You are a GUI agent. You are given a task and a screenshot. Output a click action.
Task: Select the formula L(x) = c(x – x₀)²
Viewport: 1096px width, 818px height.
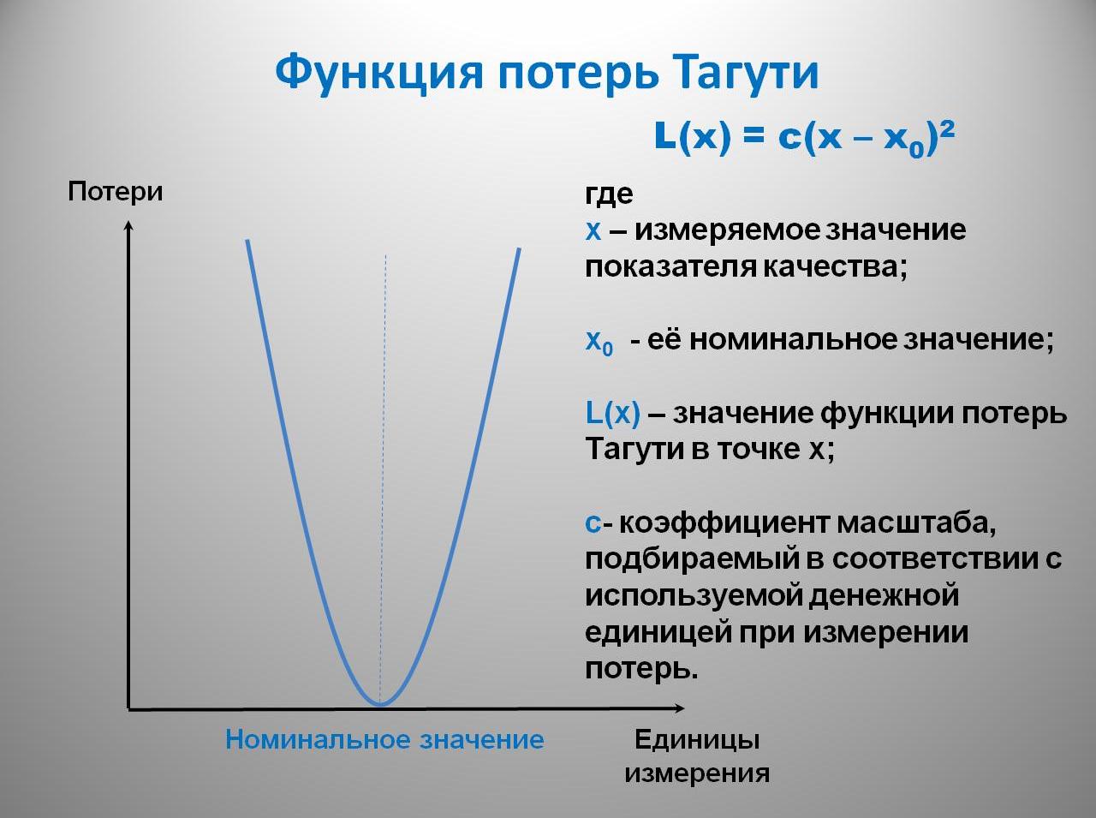(x=804, y=138)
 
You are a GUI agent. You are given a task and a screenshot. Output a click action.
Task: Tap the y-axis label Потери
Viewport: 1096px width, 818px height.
(x=115, y=191)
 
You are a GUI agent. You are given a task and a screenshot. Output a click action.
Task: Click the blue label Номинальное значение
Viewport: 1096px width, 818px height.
(x=384, y=739)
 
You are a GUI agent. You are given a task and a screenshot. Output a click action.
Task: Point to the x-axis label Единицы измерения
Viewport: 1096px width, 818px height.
(x=696, y=755)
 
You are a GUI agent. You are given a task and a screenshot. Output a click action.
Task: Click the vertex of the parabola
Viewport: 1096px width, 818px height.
(x=380, y=704)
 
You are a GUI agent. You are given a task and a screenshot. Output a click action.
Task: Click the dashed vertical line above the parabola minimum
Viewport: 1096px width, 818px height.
(x=384, y=428)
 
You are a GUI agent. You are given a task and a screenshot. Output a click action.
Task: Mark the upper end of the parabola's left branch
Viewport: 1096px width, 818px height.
(x=247, y=242)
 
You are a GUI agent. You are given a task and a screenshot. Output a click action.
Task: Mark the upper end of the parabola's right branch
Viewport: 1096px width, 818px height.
(x=519, y=250)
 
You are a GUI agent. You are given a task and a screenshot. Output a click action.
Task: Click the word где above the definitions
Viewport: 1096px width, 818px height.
(x=609, y=194)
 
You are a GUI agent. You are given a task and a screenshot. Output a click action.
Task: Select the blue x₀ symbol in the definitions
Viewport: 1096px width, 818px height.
(x=599, y=341)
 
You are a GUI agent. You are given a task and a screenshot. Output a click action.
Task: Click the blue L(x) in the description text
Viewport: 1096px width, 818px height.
(x=612, y=414)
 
